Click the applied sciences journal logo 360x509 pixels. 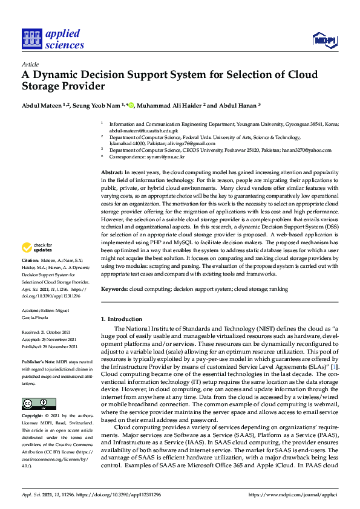click(53, 38)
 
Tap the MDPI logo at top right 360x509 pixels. click(325, 41)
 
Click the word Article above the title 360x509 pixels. click(30, 64)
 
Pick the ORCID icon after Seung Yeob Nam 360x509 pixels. click(131, 105)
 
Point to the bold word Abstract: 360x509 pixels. click(113, 173)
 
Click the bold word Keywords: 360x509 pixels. click(114, 290)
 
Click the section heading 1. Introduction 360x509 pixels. click(121, 319)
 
